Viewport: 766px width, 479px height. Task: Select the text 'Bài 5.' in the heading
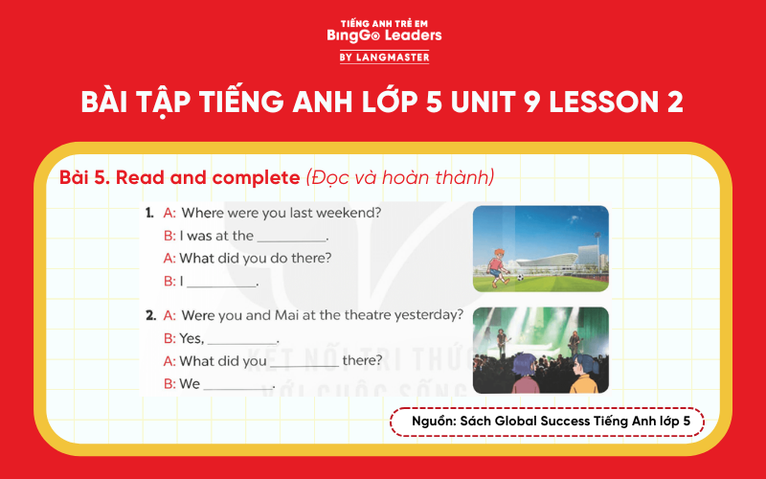[x=84, y=177]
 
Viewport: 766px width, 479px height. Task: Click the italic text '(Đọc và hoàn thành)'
[x=399, y=177]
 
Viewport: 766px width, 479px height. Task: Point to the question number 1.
[x=149, y=212]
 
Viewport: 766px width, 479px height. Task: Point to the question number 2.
[x=150, y=314]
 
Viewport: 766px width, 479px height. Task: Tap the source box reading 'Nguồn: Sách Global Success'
[x=547, y=422]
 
